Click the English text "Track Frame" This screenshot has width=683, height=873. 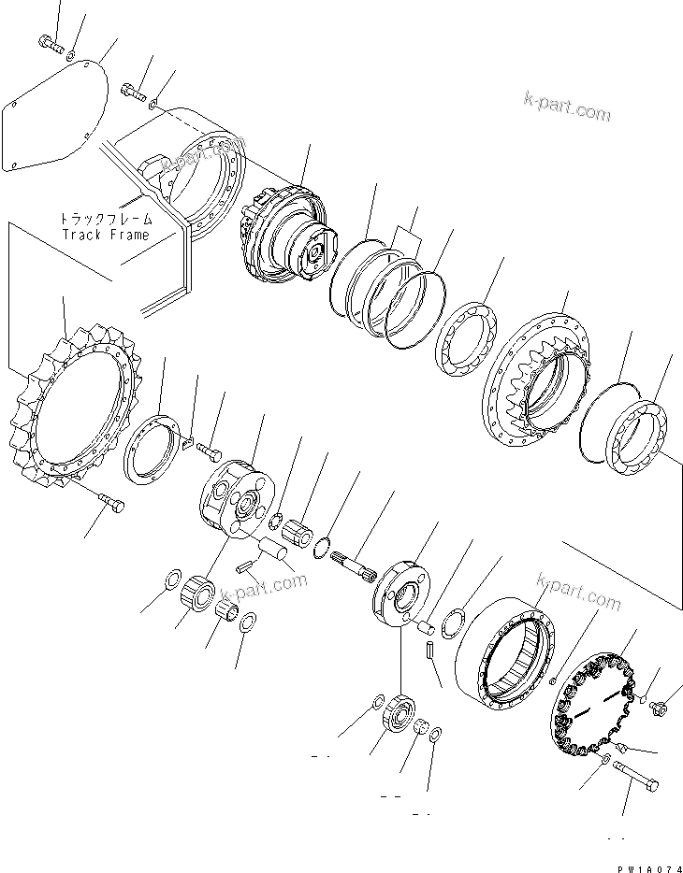click(x=105, y=235)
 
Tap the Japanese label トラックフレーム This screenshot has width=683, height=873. click(x=105, y=220)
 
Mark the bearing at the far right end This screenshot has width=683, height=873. click(x=641, y=435)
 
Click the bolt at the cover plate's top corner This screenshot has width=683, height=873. click(x=50, y=42)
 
